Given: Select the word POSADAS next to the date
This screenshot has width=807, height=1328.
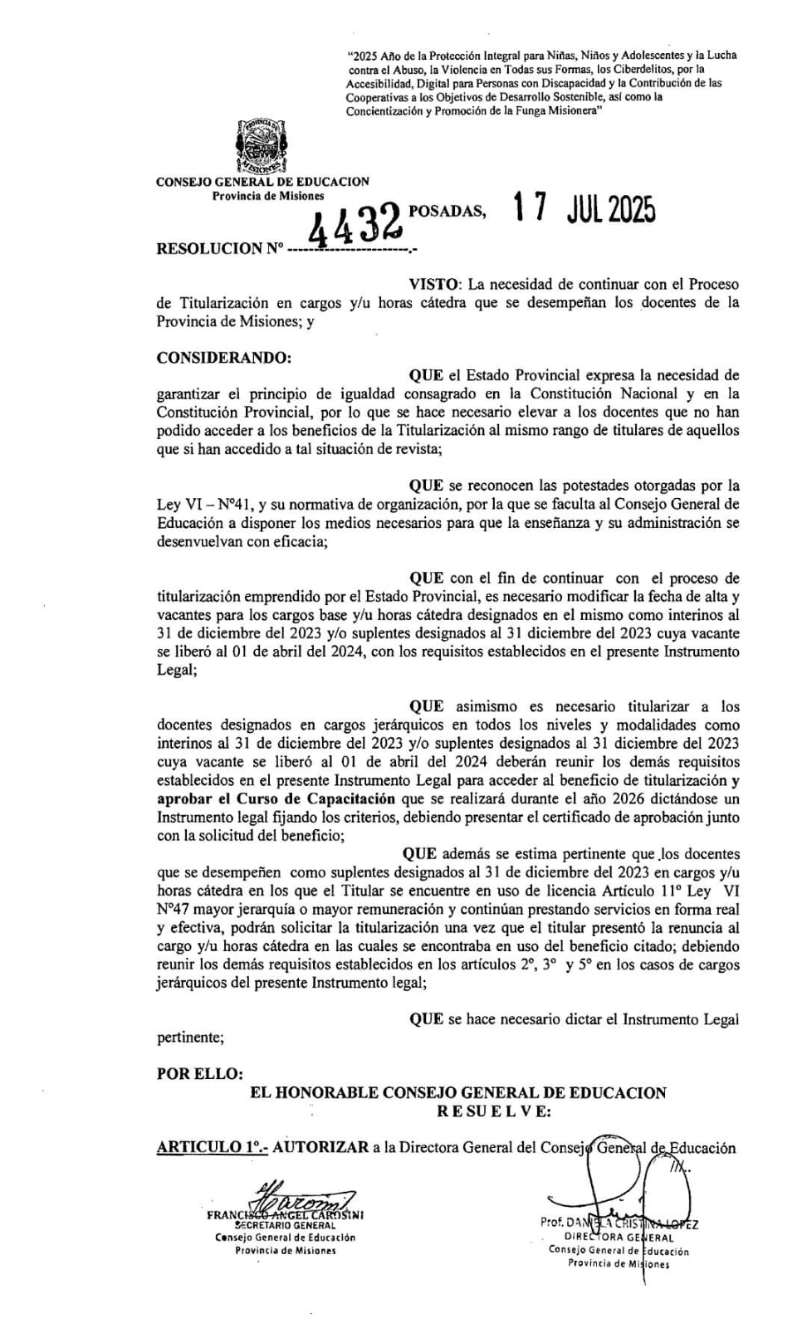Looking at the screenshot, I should pyautogui.click(x=447, y=211).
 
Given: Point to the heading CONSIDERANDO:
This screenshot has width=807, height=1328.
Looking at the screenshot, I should pyautogui.click(x=224, y=358).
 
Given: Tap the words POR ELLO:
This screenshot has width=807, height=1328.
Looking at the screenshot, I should pyautogui.click(x=200, y=1073).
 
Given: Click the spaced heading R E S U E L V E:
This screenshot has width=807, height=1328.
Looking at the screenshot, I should pyautogui.click(x=493, y=1111).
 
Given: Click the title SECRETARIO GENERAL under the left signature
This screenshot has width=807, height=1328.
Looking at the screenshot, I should pyautogui.click(x=286, y=1224).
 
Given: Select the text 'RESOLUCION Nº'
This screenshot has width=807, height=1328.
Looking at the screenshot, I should pyautogui.click(x=220, y=248).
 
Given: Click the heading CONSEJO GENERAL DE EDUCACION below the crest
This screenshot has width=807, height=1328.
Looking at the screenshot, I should pyautogui.click(x=262, y=182).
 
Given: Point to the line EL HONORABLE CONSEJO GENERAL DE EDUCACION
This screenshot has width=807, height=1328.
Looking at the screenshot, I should pyautogui.click(x=457, y=1093).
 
